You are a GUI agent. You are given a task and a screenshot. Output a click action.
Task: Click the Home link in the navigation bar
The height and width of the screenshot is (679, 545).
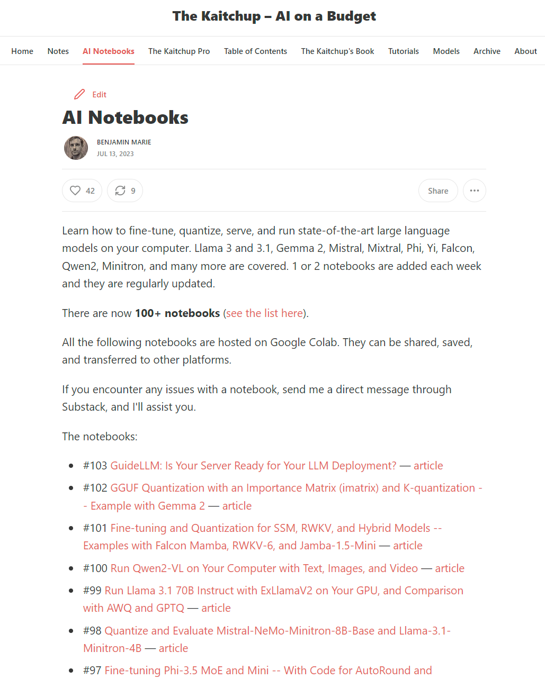click(x=22, y=51)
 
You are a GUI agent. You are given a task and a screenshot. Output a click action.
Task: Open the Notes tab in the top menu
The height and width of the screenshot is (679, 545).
click(x=58, y=51)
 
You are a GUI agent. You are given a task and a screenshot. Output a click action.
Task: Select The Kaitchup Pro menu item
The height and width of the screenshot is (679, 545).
click(x=179, y=51)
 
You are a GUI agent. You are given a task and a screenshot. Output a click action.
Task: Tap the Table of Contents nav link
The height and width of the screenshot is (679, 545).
click(x=255, y=51)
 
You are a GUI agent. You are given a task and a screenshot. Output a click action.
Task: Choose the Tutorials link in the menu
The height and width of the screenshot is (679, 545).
click(x=404, y=51)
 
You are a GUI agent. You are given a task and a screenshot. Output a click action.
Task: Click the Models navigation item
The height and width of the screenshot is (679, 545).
click(x=446, y=51)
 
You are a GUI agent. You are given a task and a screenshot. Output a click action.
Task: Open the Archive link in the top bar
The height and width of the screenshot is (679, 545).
click(x=487, y=51)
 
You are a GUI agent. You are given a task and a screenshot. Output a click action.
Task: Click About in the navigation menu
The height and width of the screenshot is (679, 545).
click(x=525, y=51)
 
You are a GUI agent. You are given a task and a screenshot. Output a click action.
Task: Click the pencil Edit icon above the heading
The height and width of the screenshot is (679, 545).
click(x=79, y=94)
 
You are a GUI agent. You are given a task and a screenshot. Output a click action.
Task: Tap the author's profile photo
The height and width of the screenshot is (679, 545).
click(x=76, y=148)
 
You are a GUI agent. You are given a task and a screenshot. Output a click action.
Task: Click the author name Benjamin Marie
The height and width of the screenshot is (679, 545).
click(x=124, y=142)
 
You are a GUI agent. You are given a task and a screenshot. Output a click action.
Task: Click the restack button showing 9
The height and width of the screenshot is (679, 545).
click(x=125, y=191)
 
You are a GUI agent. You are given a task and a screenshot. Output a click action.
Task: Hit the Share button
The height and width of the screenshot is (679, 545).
click(x=438, y=191)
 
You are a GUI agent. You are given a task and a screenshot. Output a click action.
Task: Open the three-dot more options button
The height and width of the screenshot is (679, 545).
click(x=475, y=191)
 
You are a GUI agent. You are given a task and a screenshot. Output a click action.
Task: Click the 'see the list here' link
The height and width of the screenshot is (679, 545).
click(x=264, y=313)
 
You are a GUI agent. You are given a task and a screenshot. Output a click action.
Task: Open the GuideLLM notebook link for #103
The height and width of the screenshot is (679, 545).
click(x=253, y=466)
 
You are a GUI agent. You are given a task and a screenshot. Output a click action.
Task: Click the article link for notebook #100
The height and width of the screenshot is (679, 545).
click(x=450, y=568)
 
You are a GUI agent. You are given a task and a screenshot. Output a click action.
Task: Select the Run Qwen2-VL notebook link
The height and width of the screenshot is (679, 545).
click(x=264, y=568)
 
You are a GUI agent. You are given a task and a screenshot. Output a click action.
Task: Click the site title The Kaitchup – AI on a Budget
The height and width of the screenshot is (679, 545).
click(x=274, y=16)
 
